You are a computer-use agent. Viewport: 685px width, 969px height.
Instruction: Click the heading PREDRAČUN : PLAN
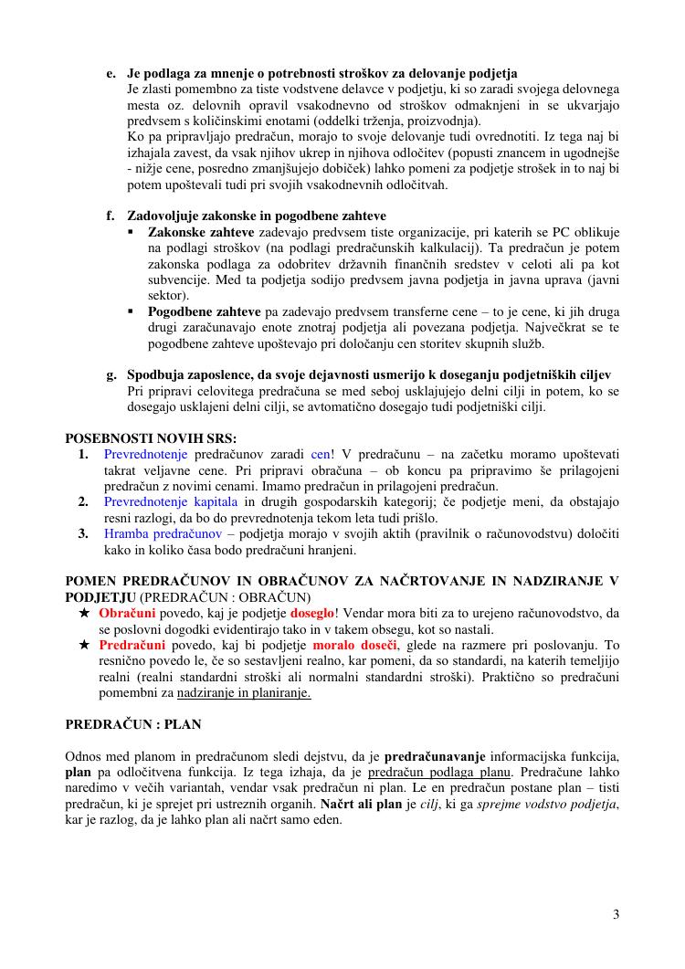[x=133, y=724]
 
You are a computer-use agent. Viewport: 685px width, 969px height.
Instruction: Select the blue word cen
[x=321, y=454]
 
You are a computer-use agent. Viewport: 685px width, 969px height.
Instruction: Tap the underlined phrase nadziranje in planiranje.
[x=244, y=693]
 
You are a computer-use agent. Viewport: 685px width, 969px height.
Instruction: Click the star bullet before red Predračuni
[x=83, y=645]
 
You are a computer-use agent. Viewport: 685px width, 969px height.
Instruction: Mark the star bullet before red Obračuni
[x=83, y=612]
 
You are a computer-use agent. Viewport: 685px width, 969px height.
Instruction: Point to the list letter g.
[x=111, y=375]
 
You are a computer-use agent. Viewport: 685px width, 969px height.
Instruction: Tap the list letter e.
[x=111, y=73]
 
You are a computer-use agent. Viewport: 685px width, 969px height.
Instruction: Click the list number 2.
[x=83, y=501]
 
